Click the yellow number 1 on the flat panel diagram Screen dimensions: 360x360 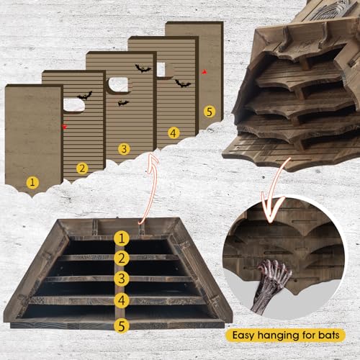pos(32,182)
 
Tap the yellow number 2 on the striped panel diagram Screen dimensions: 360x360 pos(82,168)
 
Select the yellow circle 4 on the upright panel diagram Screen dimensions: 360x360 pos(174,133)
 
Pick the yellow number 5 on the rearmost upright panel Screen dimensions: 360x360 pos(210,112)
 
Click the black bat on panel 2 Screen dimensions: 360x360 pos(85,96)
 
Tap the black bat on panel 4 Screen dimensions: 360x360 pos(183,84)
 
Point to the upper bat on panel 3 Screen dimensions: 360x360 pos(143,68)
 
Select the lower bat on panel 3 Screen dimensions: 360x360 pos(123,103)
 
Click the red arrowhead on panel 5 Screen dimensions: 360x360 pos(204,72)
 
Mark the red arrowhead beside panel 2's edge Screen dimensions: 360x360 pos(65,127)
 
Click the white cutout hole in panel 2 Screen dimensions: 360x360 pos(74,105)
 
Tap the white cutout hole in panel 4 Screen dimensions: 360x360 pos(161,69)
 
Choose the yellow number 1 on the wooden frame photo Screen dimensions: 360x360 pos(122,238)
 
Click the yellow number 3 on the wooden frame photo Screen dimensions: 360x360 pos(122,279)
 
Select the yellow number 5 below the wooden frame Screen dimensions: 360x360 pos(122,325)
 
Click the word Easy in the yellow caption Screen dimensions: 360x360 pos(243,336)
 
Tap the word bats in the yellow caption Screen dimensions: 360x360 pos(329,335)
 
